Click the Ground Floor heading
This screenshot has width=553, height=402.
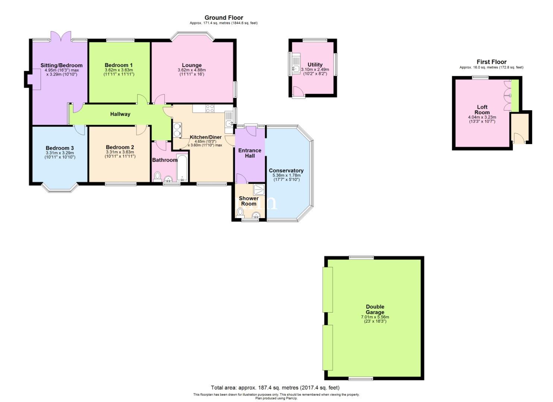tap(224, 18)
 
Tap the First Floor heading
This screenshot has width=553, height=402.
tap(492, 62)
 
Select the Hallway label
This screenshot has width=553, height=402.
tap(120, 114)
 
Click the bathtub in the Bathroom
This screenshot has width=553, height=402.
tap(182, 167)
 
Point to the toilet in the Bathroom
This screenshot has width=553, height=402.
tap(157, 177)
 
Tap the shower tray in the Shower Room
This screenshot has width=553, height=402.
tap(259, 190)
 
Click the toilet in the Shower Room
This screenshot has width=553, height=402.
tap(240, 213)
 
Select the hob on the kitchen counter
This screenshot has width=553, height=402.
tap(210, 109)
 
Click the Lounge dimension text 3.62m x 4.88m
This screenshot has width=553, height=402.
tap(192, 70)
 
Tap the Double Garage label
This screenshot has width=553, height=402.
tap(375, 309)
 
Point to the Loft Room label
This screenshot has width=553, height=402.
tap(482, 109)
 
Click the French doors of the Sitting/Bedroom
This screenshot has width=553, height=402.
tap(61, 36)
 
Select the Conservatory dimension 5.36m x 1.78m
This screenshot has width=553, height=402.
tap(287, 175)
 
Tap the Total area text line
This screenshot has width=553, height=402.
tap(275, 387)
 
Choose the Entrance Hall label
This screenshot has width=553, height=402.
tap(250, 153)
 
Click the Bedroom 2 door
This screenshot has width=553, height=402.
tap(142, 130)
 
